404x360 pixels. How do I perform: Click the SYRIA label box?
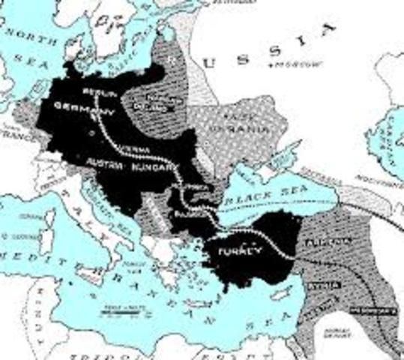click(x=328, y=284)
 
